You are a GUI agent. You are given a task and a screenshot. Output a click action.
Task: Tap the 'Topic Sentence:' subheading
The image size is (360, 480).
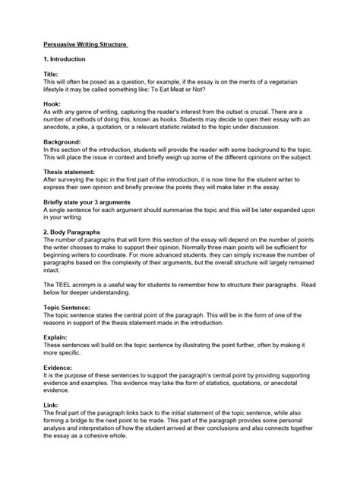click(x=62, y=307)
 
